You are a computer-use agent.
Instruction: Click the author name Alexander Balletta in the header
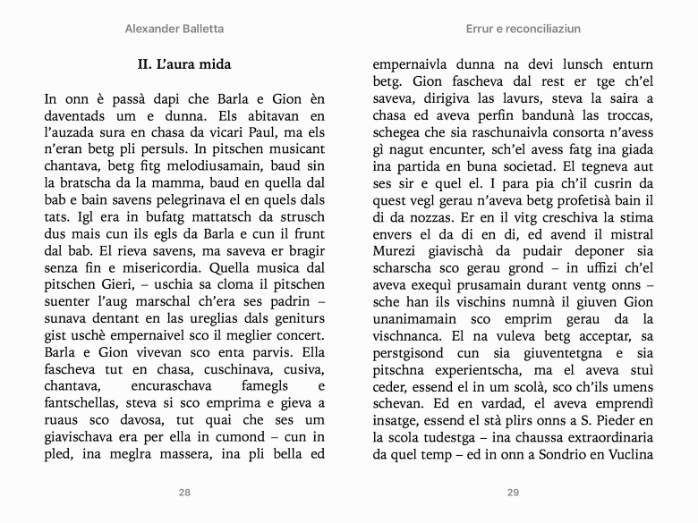174,29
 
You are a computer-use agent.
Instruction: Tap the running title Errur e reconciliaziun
512,29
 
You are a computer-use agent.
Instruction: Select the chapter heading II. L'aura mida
184,64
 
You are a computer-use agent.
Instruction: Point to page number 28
184,493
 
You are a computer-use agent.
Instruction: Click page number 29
513,493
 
